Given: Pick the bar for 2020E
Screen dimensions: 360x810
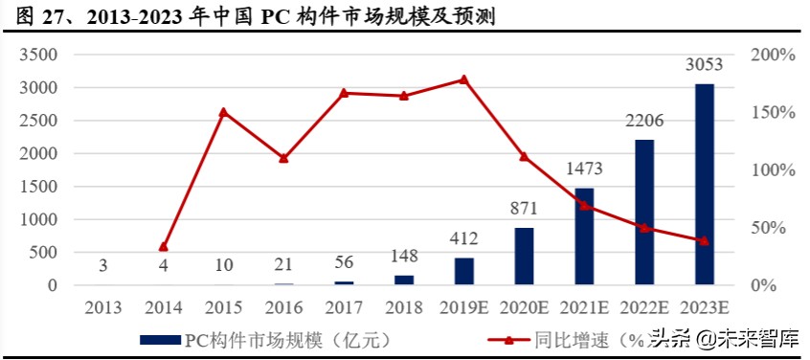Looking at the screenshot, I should [x=525, y=257].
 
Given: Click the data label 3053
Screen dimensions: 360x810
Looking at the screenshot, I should [x=704, y=65].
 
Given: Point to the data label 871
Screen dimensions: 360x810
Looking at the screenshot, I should [x=525, y=209].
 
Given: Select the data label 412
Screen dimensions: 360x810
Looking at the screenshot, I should [x=464, y=238].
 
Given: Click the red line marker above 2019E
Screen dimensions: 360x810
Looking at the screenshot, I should [x=464, y=79].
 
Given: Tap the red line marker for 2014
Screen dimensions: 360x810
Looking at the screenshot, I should [x=164, y=247].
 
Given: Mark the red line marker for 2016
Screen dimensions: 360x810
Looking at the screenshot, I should [x=283, y=158].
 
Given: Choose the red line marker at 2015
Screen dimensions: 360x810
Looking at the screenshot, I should [x=223, y=112].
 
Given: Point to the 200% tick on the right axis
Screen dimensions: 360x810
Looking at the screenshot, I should [x=773, y=55].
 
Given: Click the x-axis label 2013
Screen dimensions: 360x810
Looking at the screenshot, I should [x=103, y=307].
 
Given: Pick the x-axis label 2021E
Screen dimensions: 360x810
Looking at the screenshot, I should [x=584, y=307].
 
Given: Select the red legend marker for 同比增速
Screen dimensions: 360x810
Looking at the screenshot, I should [x=510, y=339].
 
